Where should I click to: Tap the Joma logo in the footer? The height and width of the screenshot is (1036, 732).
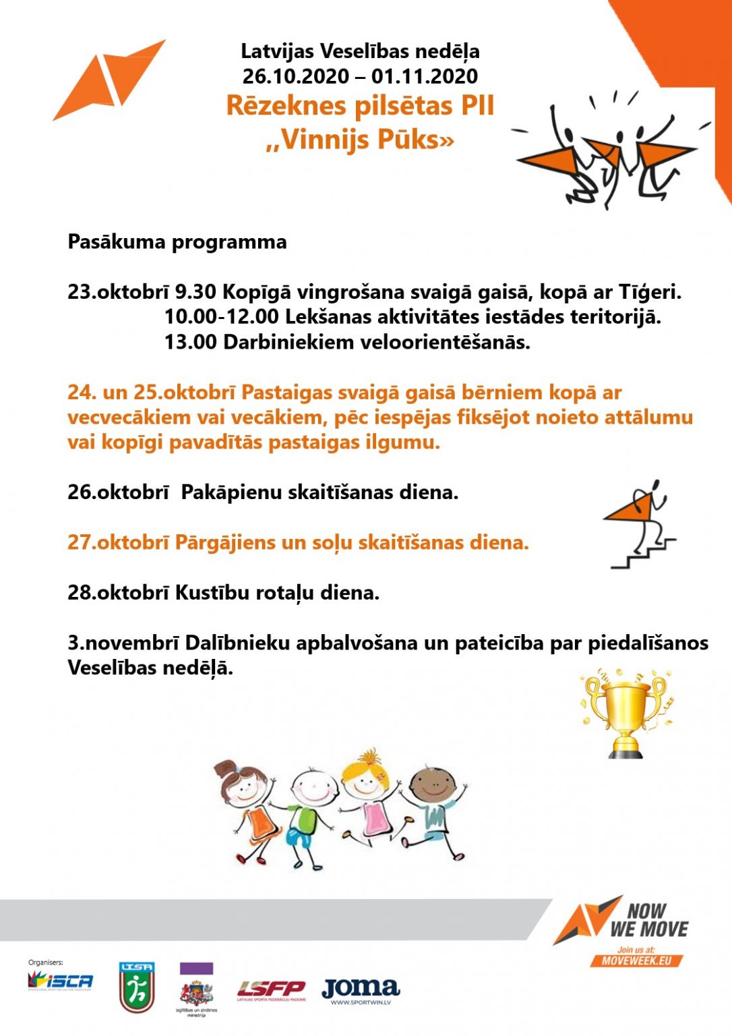361,989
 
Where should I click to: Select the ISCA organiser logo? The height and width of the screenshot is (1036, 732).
60,981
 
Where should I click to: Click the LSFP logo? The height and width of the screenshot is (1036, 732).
271,989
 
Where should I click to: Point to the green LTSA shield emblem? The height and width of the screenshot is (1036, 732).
136,987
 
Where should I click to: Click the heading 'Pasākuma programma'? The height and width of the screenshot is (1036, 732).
177,242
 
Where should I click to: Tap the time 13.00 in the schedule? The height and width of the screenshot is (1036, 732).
191,343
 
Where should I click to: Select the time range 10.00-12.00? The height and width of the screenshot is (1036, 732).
221,317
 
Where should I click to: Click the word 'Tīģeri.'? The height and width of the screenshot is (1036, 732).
650,292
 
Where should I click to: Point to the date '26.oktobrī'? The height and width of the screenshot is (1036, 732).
118,492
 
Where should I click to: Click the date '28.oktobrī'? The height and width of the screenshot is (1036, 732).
118,593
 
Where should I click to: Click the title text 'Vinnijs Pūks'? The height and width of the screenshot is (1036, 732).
360,140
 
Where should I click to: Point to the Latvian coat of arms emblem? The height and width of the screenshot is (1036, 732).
196,992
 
